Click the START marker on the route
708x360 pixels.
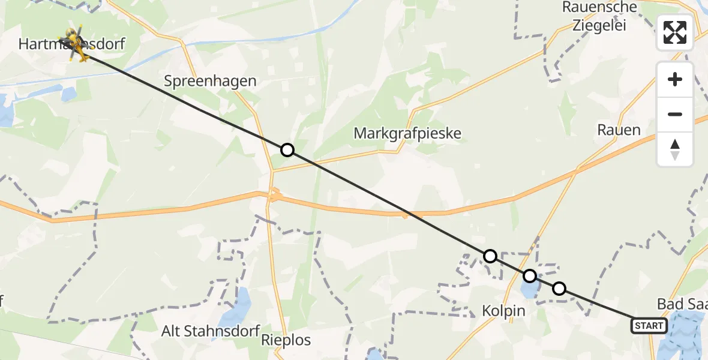point(649,326)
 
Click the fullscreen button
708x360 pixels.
point(675,32)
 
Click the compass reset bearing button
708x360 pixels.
point(675,149)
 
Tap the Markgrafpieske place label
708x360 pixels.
point(407,133)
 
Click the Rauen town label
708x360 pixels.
point(619,130)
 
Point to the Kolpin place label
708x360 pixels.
point(503,311)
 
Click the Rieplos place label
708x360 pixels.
point(286,340)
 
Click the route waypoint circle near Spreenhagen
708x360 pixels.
point(287,150)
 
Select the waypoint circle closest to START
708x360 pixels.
point(559,289)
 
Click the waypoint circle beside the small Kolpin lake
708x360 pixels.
point(529,276)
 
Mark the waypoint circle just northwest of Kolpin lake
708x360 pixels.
point(490,256)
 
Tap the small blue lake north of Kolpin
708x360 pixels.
point(529,290)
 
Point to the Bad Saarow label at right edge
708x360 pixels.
point(682,304)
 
